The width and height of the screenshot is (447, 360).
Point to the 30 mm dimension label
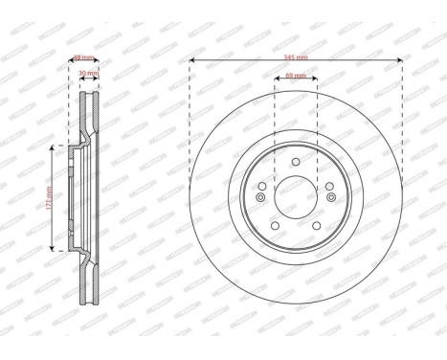[87, 74]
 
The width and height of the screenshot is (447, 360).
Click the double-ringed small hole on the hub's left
[259, 197]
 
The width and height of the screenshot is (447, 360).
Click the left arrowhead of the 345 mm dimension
[191, 60]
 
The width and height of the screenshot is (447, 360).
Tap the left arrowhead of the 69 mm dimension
[276, 79]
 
